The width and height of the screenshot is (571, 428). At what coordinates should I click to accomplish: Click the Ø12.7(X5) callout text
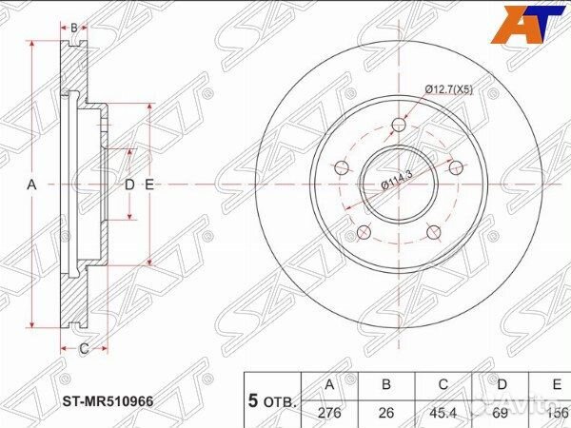point(448,89)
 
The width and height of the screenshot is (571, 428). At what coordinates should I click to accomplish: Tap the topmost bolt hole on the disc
point(398,123)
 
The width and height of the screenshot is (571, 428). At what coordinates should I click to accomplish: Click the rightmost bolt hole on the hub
point(456,167)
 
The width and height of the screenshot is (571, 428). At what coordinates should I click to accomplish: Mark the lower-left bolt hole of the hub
point(363,231)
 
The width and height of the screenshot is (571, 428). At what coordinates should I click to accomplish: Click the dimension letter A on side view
point(31,185)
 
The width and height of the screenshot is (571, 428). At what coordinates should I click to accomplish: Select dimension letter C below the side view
point(84,348)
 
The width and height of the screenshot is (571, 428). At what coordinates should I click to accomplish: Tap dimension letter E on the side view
point(149,185)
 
